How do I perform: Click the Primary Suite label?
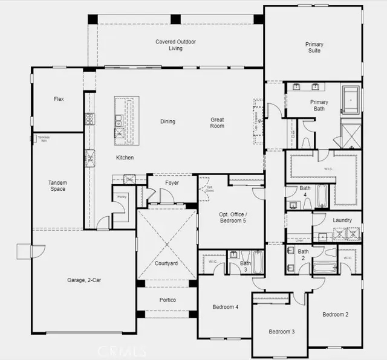[314, 48]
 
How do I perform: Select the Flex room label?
[59, 99]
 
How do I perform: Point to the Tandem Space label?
[57, 185]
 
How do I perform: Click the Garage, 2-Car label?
[85, 280]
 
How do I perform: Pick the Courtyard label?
[166, 263]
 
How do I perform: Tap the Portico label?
[167, 300]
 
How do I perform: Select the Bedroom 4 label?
[225, 307]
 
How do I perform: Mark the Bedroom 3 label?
[281, 332]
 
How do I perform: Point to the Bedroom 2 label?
[335, 314]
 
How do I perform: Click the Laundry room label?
[342, 220]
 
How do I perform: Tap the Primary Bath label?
[319, 106]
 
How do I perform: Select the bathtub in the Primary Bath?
[350, 100]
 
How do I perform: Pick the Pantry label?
[122, 196]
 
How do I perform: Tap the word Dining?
[167, 121]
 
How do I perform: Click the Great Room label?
[217, 123]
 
